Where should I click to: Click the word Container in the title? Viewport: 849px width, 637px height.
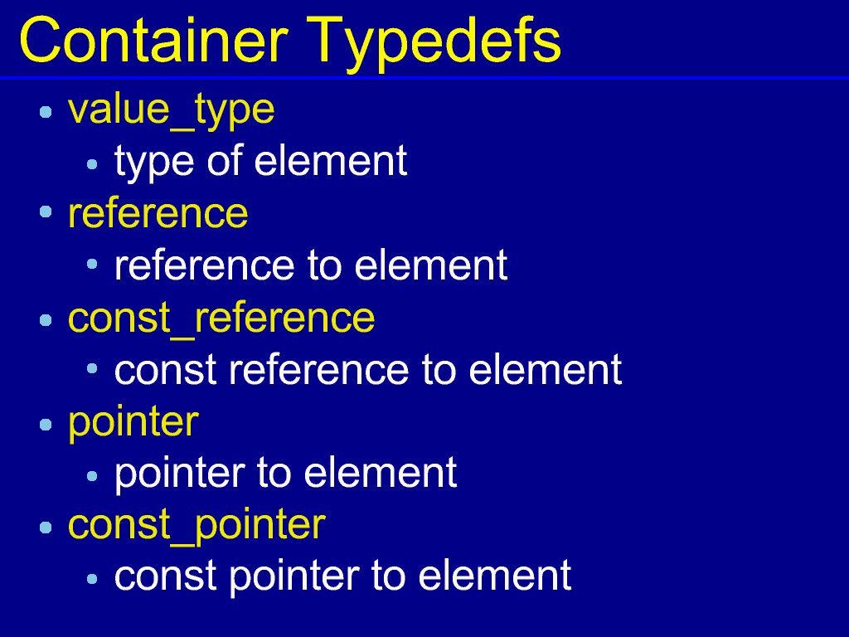pos(153,40)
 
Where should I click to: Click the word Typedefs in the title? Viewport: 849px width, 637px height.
pos(434,43)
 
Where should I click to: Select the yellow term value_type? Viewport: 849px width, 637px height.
pos(171,110)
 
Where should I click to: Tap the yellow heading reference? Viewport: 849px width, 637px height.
pos(158,213)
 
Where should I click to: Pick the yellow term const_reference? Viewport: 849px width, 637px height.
pos(221,318)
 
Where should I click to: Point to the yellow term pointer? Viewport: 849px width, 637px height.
pos(133,422)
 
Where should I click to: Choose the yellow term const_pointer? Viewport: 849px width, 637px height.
pos(196,525)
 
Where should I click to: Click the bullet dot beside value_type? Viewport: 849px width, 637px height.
pos(46,112)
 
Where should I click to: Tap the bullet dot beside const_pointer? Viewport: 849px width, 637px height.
pos(46,527)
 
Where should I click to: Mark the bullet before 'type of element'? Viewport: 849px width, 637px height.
pos(92,163)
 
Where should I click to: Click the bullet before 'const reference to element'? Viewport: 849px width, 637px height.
pos(92,369)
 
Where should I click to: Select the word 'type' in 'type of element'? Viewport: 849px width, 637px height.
pos(154,163)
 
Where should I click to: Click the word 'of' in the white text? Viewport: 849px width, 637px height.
pos(225,160)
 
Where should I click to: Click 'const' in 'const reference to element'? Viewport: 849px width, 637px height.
pos(166,371)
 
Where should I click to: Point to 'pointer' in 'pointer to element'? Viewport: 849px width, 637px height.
pos(180,474)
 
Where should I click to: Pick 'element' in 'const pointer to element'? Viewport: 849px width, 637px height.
pos(495,576)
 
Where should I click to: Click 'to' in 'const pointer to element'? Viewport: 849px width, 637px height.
pos(388,577)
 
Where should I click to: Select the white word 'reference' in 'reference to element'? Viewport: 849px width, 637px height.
pos(205,266)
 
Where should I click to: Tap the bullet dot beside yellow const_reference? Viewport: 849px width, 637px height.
pos(46,320)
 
